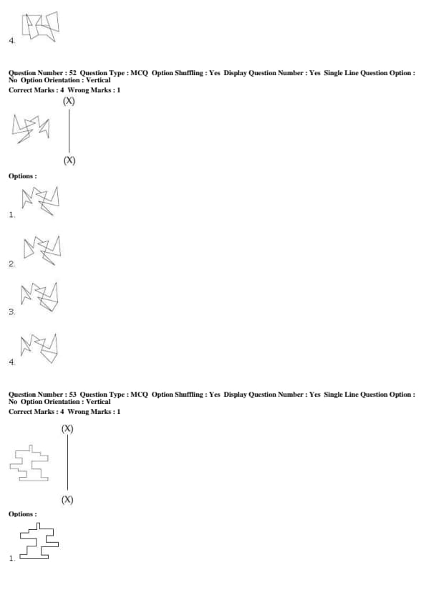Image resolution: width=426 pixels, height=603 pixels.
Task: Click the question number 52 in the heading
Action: (72, 72)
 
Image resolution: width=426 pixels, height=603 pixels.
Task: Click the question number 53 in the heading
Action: (72, 394)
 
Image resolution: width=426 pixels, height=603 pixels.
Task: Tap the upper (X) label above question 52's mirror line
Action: (69, 101)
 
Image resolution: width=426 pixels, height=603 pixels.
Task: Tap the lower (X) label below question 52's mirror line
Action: (69, 160)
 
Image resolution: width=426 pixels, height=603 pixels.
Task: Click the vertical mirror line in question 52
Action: (69, 131)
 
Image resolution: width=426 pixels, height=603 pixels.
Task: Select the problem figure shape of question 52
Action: (31, 129)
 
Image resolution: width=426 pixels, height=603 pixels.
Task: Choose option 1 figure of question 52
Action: (40, 201)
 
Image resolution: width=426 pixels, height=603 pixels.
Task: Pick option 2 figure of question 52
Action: (42, 251)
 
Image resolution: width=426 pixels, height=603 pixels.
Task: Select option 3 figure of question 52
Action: (39, 297)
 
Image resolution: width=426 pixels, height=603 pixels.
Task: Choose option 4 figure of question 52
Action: (39, 349)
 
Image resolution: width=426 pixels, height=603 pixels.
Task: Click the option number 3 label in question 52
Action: (12, 312)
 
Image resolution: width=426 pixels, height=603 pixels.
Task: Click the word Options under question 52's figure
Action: (23, 176)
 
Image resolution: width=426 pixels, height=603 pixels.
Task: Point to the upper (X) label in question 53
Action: (67, 429)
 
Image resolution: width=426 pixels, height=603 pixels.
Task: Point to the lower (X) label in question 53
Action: (67, 500)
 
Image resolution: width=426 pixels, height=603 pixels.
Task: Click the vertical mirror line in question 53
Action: (68, 463)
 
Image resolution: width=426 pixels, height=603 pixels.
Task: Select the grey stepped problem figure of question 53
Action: (29, 463)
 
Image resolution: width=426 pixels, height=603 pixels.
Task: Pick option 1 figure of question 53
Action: (39, 541)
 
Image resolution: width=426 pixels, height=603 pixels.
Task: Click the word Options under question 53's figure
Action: (23, 514)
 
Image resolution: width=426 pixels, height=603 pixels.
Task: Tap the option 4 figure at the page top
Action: (40, 26)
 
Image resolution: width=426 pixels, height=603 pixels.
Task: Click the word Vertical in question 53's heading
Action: (98, 402)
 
